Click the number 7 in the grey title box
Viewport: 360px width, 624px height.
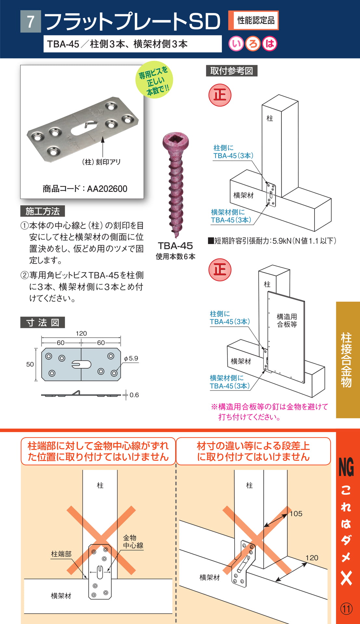[x=31, y=22]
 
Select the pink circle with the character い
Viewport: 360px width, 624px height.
[x=236, y=44]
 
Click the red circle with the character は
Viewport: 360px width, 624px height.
[x=270, y=44]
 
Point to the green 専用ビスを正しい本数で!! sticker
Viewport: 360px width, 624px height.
[x=154, y=80]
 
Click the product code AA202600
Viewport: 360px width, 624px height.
[x=107, y=189]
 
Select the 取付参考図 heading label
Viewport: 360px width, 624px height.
[x=232, y=71]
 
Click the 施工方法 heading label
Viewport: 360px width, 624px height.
[x=43, y=211]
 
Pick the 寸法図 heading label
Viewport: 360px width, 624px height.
[x=43, y=322]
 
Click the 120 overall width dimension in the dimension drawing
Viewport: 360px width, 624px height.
[x=81, y=333]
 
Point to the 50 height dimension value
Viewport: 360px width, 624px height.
[x=30, y=364]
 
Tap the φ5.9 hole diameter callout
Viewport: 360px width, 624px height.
[x=131, y=358]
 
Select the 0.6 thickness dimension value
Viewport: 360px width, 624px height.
[x=134, y=395]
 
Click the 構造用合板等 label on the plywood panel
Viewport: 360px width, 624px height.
[x=287, y=320]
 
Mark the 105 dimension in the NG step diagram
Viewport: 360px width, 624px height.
[x=296, y=513]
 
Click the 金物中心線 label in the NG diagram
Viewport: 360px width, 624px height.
[x=133, y=541]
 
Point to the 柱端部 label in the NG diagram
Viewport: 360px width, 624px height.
[x=61, y=554]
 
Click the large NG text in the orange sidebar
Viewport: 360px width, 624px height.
[x=346, y=467]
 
